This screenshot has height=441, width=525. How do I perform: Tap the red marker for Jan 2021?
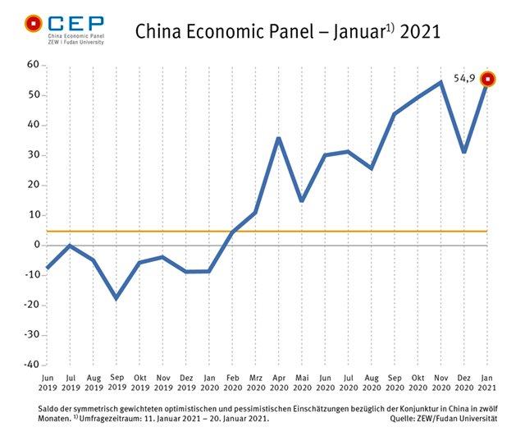(x=488, y=79)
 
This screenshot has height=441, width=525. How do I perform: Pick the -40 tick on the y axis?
(x=31, y=365)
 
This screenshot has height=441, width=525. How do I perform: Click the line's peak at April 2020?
(x=279, y=138)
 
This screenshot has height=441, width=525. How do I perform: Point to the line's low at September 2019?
(x=116, y=298)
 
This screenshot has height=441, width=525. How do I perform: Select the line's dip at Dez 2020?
(x=464, y=152)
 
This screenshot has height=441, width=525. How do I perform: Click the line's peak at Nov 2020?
(x=441, y=82)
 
